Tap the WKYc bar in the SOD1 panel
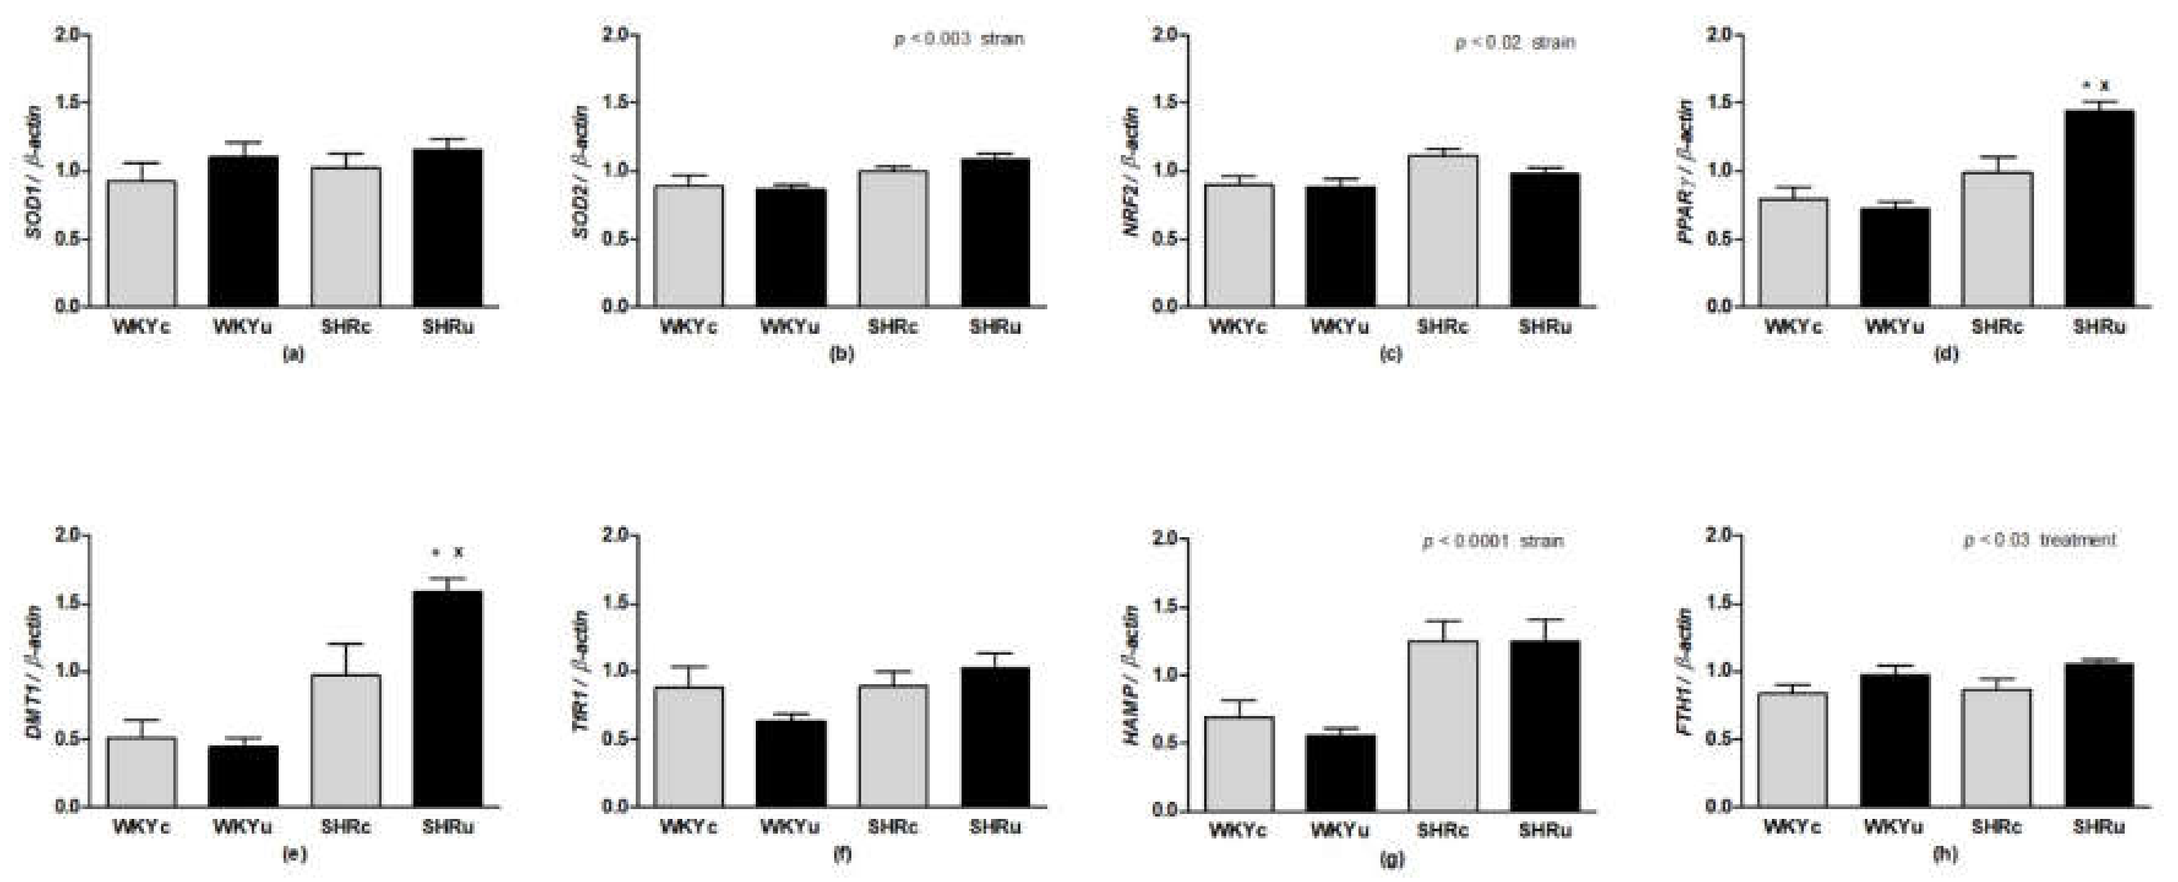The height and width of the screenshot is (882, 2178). coord(141,244)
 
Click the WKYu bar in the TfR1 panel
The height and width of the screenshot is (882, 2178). coord(791,763)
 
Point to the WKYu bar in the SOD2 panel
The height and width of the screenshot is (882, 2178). coord(791,247)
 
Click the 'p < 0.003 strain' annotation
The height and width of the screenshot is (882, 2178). coord(959,40)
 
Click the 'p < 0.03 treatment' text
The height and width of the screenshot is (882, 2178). coord(2040,540)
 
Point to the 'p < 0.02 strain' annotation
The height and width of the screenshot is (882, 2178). coord(1515,42)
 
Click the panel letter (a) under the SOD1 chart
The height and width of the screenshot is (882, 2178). coord(293,354)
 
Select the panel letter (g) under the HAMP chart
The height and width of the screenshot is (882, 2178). coord(1391,860)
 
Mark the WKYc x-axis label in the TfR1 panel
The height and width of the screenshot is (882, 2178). coord(688,827)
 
